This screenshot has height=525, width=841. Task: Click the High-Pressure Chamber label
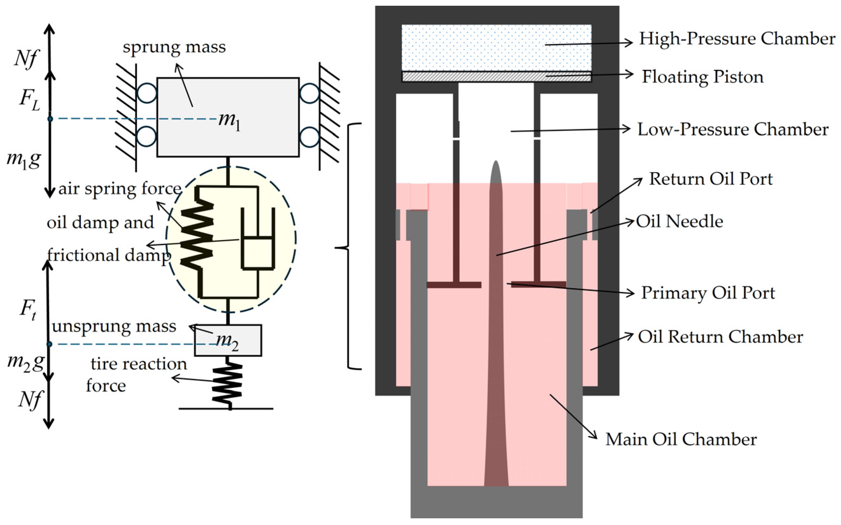coord(737,39)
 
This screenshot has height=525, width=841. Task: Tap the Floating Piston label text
coord(702,77)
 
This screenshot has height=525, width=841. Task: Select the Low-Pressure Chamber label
coord(733,129)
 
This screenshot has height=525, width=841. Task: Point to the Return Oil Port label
coord(710,179)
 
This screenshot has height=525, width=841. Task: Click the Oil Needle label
coord(679,222)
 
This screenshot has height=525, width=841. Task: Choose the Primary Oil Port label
coord(708,293)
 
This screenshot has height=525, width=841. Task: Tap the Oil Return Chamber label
coord(720,337)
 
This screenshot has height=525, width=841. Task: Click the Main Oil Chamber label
coord(681,439)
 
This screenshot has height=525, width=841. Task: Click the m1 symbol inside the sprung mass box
coord(229,121)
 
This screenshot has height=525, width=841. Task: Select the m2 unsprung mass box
coord(228,341)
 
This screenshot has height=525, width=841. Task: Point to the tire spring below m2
coord(227,384)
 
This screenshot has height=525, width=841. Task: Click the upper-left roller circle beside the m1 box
coord(147,93)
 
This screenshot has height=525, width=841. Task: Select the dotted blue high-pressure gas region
coord(496,47)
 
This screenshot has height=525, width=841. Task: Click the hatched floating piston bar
coord(496,77)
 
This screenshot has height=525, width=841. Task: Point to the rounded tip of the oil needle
coord(496,167)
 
